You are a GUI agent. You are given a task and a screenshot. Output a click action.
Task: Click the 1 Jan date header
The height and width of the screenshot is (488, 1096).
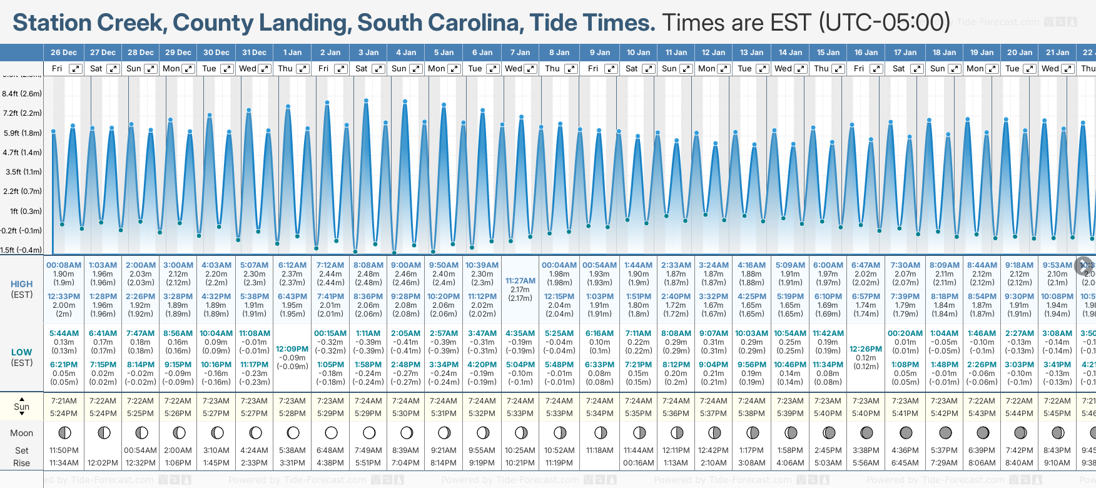coord(292,53)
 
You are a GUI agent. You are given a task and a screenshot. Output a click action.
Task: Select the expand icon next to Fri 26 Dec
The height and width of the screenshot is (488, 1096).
coord(75,69)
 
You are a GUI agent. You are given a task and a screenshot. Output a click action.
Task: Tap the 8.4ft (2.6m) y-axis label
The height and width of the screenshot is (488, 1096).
coord(22,94)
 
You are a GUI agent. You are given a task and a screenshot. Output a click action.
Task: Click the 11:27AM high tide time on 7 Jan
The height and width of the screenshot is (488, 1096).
coord(520,281)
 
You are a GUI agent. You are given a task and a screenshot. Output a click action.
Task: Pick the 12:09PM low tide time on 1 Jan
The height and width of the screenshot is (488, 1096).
coord(292,349)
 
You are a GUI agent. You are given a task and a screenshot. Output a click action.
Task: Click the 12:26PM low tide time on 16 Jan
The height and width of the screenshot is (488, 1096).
coord(866,349)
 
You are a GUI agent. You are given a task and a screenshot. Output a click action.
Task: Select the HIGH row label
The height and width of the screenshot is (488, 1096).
coord(21,284)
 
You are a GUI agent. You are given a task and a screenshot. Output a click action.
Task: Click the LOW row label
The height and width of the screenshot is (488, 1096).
coord(21,352)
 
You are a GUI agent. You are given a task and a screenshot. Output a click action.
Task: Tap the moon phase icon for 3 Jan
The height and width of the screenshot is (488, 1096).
coord(369,432)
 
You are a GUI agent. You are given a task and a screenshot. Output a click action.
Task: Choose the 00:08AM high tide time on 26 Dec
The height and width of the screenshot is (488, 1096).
coord(64,265)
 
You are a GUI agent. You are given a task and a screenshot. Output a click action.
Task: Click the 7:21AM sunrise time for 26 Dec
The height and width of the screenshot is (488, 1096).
coord(64,401)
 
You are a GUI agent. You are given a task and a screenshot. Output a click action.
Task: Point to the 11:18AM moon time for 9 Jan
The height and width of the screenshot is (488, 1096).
coord(599,450)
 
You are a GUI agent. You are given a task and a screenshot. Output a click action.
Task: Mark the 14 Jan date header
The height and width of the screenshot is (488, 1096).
coord(791,53)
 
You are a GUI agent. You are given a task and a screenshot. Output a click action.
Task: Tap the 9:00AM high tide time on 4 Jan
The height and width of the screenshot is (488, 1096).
coord(406,265)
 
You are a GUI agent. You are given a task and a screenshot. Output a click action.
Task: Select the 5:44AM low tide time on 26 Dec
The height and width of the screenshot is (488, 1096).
coord(64,333)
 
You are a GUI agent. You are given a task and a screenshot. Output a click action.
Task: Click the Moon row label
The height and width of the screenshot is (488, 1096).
coord(21,433)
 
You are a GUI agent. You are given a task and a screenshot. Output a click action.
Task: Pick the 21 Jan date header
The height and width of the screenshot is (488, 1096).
coord(1057,53)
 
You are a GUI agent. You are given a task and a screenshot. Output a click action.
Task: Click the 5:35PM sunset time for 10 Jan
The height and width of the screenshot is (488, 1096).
coord(638,414)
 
